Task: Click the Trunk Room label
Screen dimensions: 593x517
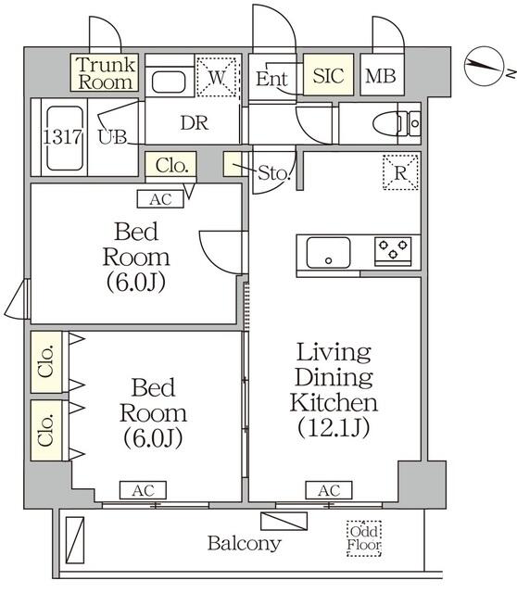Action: (x=106, y=73)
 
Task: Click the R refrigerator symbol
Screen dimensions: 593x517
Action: (x=401, y=172)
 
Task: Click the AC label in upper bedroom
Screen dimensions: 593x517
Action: (x=159, y=197)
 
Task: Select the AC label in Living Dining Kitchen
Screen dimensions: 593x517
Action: (x=328, y=490)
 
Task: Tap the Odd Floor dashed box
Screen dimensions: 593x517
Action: (x=364, y=538)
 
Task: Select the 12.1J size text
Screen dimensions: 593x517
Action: (x=334, y=428)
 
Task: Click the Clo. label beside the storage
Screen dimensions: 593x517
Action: (x=170, y=166)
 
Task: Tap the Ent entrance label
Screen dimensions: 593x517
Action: (x=271, y=79)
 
